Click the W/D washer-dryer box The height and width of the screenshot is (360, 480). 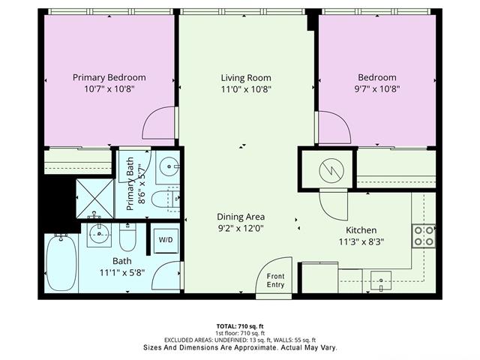166,241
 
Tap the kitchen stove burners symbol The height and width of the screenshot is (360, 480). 424,236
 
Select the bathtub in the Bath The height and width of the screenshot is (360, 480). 61,262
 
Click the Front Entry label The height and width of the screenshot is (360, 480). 275,280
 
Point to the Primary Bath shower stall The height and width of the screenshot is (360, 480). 95,199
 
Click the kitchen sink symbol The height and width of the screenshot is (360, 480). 381,280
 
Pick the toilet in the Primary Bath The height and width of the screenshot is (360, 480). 165,199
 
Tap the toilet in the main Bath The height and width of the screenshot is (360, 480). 127,237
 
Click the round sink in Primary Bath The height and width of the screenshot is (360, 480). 169,166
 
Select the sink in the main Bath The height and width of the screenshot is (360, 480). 99,234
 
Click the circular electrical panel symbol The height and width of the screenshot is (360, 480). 331,171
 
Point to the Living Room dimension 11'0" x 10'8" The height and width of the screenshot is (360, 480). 246,89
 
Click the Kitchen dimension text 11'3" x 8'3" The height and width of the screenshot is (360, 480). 361,241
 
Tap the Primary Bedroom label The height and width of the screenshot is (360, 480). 109,77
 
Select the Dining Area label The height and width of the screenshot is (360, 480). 241,217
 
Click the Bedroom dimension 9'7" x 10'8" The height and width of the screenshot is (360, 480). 377,89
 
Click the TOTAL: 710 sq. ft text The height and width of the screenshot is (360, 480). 240,326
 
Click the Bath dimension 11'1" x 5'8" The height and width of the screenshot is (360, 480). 122,272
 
